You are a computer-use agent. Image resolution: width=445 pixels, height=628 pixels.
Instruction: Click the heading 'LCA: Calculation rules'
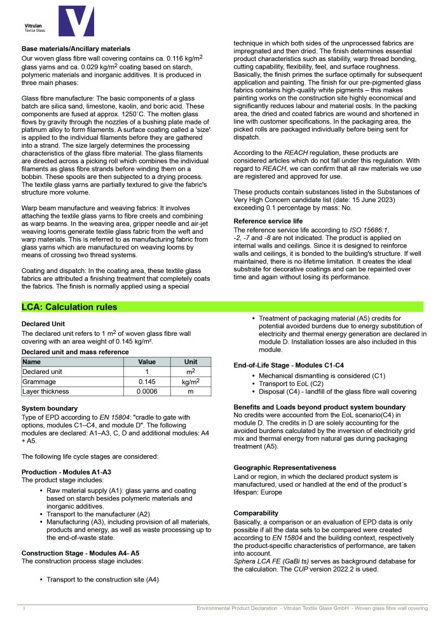point(69,307)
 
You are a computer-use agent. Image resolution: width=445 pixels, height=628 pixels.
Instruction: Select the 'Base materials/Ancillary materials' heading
point(76,48)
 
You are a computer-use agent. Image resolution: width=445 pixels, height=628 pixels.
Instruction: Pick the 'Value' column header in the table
point(147,361)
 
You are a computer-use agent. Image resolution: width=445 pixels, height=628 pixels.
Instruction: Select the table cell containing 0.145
point(147,382)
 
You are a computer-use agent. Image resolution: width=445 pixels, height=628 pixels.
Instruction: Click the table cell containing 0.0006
point(147,393)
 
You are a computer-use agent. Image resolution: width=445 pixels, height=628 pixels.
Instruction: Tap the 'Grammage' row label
point(40,382)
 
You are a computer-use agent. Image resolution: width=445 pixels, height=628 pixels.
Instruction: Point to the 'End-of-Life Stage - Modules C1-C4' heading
point(299,365)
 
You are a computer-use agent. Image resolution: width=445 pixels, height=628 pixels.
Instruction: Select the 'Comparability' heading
point(256,512)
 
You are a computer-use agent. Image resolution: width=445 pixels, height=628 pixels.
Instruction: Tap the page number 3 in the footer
point(24,609)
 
